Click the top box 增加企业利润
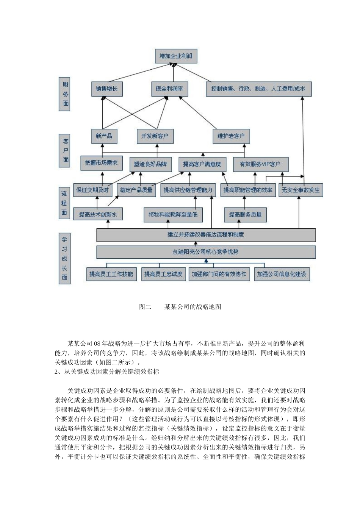click(x=176, y=56)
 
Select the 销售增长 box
click(x=107, y=89)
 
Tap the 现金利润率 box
click(x=169, y=89)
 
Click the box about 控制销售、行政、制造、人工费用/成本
click(x=258, y=89)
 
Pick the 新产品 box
click(x=104, y=136)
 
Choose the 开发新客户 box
click(x=155, y=136)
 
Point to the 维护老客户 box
click(x=231, y=136)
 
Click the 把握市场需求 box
click(x=101, y=163)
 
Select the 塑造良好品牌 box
click(x=150, y=164)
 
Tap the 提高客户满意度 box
click(x=202, y=164)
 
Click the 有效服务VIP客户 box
click(x=260, y=164)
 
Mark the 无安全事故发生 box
click(x=301, y=190)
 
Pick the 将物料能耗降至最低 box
click(x=173, y=215)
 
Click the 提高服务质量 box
click(x=245, y=215)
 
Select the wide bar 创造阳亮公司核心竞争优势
click(x=206, y=252)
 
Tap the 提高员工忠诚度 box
click(x=163, y=274)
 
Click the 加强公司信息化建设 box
click(x=282, y=274)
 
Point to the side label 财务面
click(x=65, y=94)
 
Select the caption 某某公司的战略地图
click(x=193, y=307)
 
